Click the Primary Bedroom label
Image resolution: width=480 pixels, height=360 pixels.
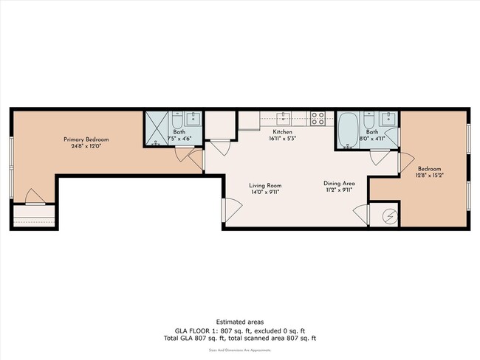click(86, 139)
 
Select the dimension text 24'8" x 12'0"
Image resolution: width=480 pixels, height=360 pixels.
click(86, 146)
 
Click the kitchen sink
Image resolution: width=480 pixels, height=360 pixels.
click(284, 118)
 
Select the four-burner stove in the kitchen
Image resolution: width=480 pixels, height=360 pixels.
click(318, 117)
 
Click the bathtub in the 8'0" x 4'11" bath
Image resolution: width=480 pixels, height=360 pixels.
click(348, 131)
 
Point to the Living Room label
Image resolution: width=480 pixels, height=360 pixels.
click(264, 185)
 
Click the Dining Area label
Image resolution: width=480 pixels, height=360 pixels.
click(340, 183)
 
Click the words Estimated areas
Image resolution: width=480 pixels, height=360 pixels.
click(239, 322)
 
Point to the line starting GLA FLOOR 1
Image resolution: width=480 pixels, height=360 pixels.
click(239, 330)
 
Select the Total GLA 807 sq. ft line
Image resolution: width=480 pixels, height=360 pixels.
click(239, 339)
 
